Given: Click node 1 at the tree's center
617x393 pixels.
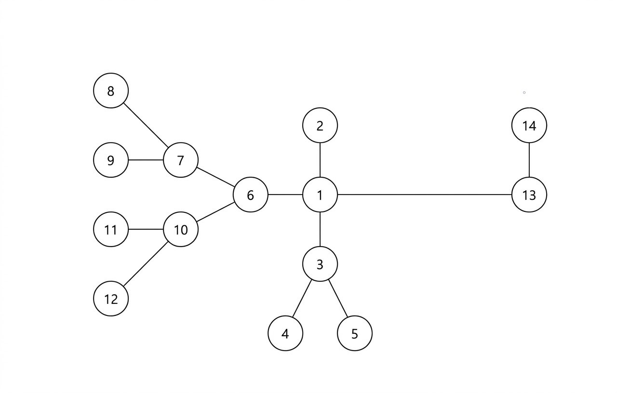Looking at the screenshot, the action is pos(320,195).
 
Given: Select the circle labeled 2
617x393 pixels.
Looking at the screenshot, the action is pos(320,125).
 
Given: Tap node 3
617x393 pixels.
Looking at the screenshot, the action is pos(320,264).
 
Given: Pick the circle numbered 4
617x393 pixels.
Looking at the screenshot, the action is pos(285,333).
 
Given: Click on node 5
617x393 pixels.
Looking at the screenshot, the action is pos(355,333).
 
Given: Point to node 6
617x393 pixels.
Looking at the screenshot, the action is pos(250,195).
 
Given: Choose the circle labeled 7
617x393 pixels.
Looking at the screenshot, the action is pos(181,160).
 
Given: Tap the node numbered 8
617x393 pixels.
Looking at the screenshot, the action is pos(111,91).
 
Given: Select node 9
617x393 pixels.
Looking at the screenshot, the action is pos(111,160).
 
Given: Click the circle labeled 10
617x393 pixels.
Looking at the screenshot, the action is pos(181,229).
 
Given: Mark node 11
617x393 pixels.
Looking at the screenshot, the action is pos(111,229).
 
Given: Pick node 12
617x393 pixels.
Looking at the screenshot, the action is pos(111,299).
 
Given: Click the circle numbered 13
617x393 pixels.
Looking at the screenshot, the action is pos(529,195).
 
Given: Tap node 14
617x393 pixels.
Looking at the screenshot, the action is pos(529,125).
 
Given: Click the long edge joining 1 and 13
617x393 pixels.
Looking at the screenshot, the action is pos(424,195).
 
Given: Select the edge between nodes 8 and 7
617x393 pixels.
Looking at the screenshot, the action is pos(146,125).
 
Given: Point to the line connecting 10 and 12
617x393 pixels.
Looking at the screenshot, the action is pos(146,264).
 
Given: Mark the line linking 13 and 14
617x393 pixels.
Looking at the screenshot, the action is pos(529,160).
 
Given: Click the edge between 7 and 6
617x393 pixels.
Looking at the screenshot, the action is pos(215,177).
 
